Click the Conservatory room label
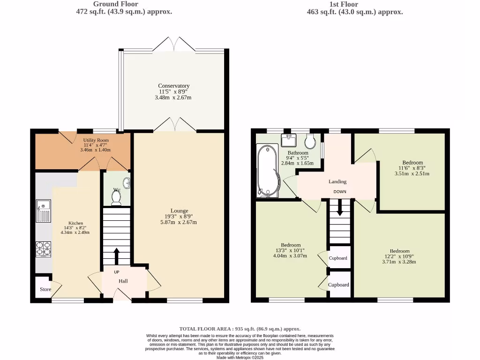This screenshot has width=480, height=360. [x=173, y=86]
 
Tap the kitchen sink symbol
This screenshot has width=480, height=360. [x=44, y=210]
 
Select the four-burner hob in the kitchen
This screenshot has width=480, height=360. [x=44, y=249]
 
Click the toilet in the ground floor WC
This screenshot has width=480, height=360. [x=116, y=197]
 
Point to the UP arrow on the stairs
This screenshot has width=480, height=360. [x=117, y=256]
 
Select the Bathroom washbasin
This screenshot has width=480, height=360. [x=288, y=140]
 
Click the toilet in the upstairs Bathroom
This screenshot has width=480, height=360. [x=310, y=141]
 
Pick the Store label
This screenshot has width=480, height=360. [x=45, y=289]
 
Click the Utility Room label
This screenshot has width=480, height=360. [x=96, y=140]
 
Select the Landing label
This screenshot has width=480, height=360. [x=337, y=181]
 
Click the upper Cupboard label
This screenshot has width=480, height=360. [x=338, y=258]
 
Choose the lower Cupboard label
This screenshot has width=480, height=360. [x=338, y=285]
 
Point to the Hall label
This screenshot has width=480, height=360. [x=123, y=281]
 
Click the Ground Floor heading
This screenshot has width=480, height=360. [x=116, y=4]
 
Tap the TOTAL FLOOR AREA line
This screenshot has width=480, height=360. [x=240, y=329]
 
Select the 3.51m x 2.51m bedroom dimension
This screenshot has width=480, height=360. [x=412, y=173]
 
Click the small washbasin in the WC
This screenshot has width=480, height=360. [x=127, y=183]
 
